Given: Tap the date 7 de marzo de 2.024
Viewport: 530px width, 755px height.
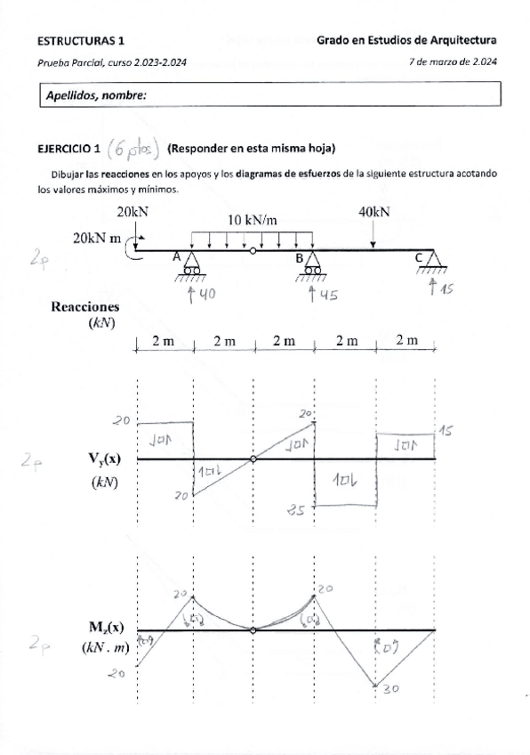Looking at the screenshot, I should (452, 61).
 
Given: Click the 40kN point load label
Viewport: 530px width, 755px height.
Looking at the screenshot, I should (373, 213).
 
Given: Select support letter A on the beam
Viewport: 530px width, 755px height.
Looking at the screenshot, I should (177, 256).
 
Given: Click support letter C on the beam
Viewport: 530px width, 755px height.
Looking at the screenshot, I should (419, 257).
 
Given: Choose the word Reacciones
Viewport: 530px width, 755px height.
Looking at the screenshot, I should (85, 306).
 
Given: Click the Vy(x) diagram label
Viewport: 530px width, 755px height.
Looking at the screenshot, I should (105, 459).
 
